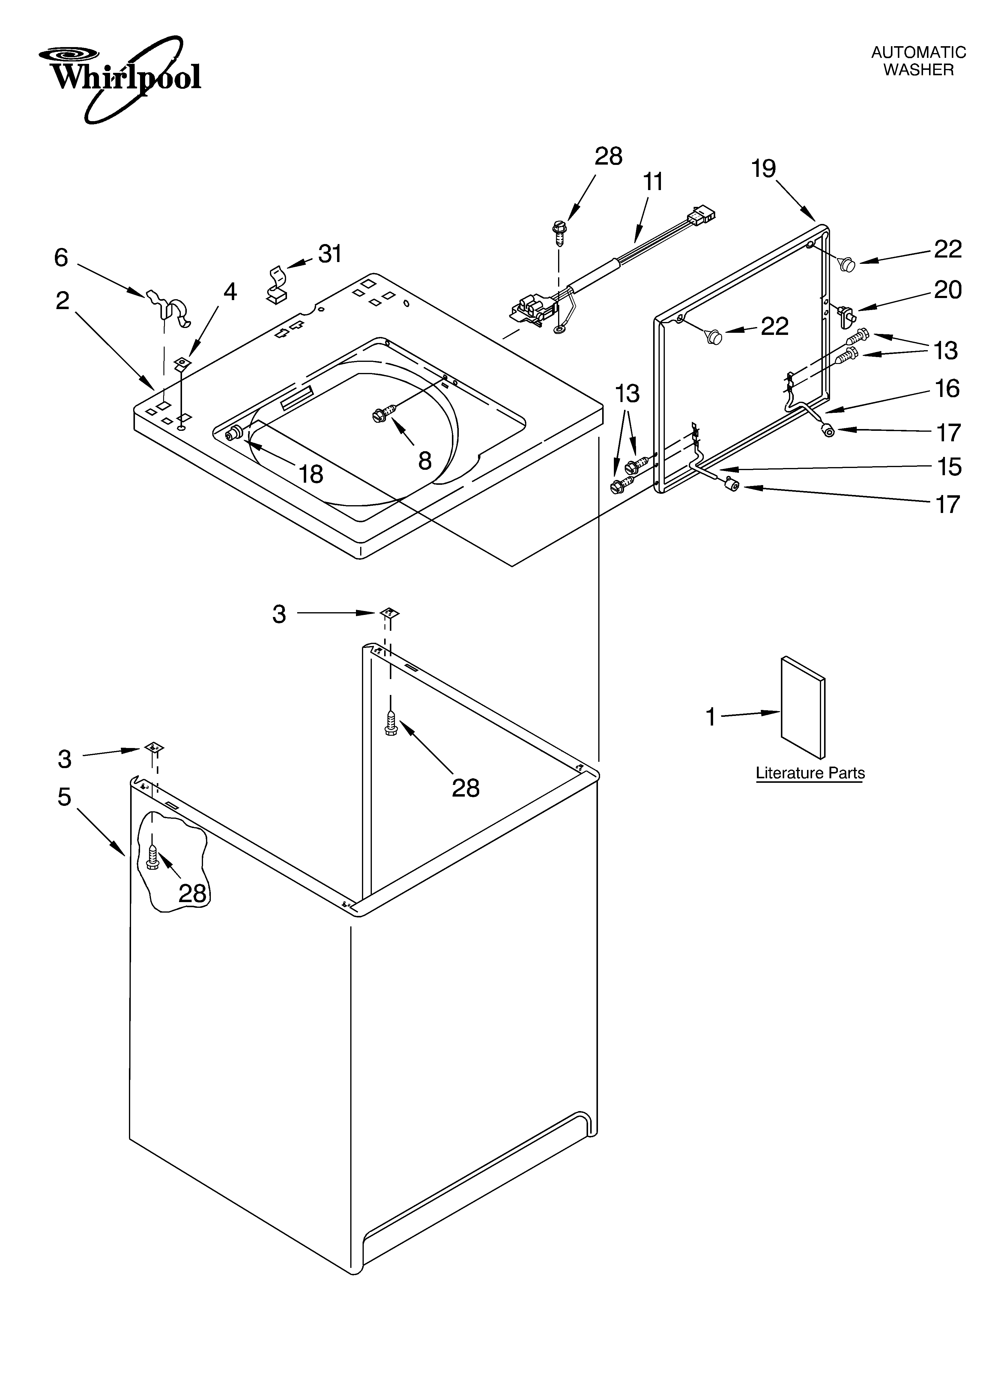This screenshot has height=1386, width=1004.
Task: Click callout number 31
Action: tap(330, 254)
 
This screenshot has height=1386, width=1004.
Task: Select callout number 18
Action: tap(311, 474)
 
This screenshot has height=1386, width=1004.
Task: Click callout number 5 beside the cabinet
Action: tap(64, 797)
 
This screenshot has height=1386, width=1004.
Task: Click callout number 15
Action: tap(949, 467)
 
